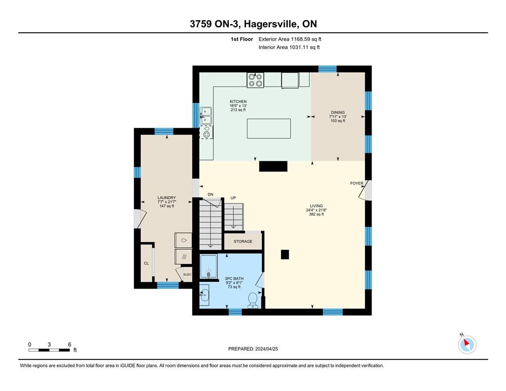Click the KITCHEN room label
click(238, 102)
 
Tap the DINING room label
click(337, 113)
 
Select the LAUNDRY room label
click(166, 198)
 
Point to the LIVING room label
click(316, 206)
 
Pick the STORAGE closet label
click(243, 242)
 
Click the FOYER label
click(356, 183)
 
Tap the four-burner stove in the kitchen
click(255, 80)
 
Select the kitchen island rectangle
click(269, 128)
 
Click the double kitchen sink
click(206, 116)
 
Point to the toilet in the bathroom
click(254, 300)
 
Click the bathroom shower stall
click(209, 267)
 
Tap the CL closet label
click(147, 263)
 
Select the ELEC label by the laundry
click(187, 274)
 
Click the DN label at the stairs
click(210, 194)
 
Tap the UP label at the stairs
click(233, 198)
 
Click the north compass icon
click(467, 344)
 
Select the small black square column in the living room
click(285, 255)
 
